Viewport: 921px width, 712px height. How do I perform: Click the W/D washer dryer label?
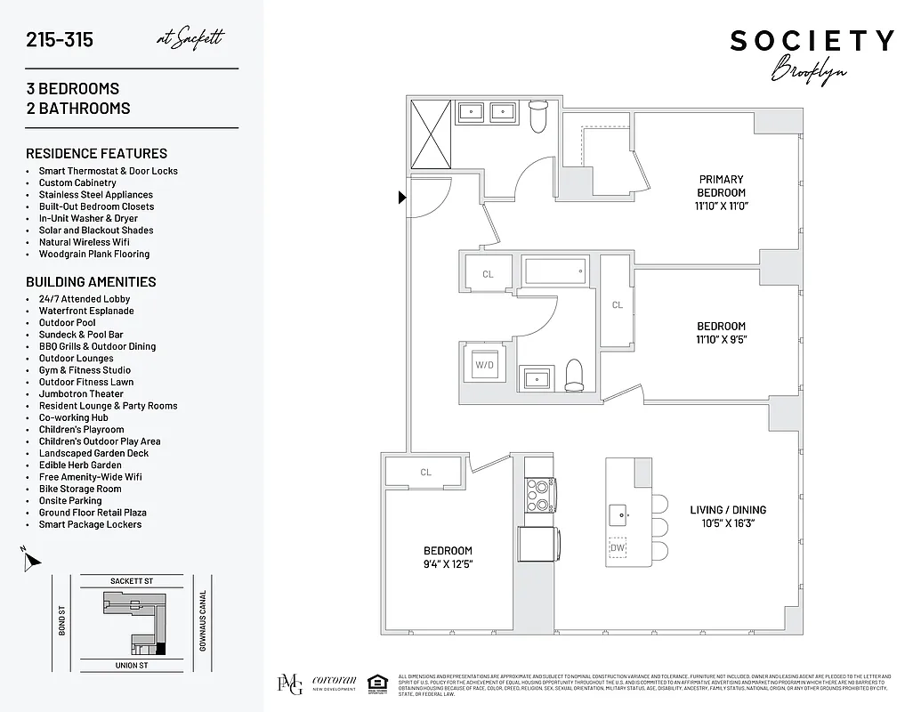click(x=485, y=364)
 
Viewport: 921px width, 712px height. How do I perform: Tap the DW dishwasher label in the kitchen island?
click(x=618, y=547)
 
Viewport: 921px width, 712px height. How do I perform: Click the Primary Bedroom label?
click(x=721, y=186)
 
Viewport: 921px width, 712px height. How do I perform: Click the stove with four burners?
click(x=537, y=496)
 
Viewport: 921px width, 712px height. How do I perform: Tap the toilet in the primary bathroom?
click(x=538, y=117)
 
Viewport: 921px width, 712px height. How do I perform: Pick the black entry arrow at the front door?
click(x=402, y=198)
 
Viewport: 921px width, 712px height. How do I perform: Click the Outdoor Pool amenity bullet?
click(x=67, y=323)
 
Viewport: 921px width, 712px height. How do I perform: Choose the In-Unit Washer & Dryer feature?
click(x=88, y=218)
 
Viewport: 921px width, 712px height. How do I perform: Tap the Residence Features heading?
click(x=96, y=153)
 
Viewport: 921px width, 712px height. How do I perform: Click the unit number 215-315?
click(x=60, y=40)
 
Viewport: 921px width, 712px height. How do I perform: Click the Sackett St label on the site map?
click(x=132, y=580)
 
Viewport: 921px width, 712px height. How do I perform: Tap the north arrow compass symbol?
click(x=32, y=559)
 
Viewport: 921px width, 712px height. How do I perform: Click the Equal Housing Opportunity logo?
click(x=377, y=684)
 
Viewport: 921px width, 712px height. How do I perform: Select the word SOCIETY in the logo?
click(x=812, y=41)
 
